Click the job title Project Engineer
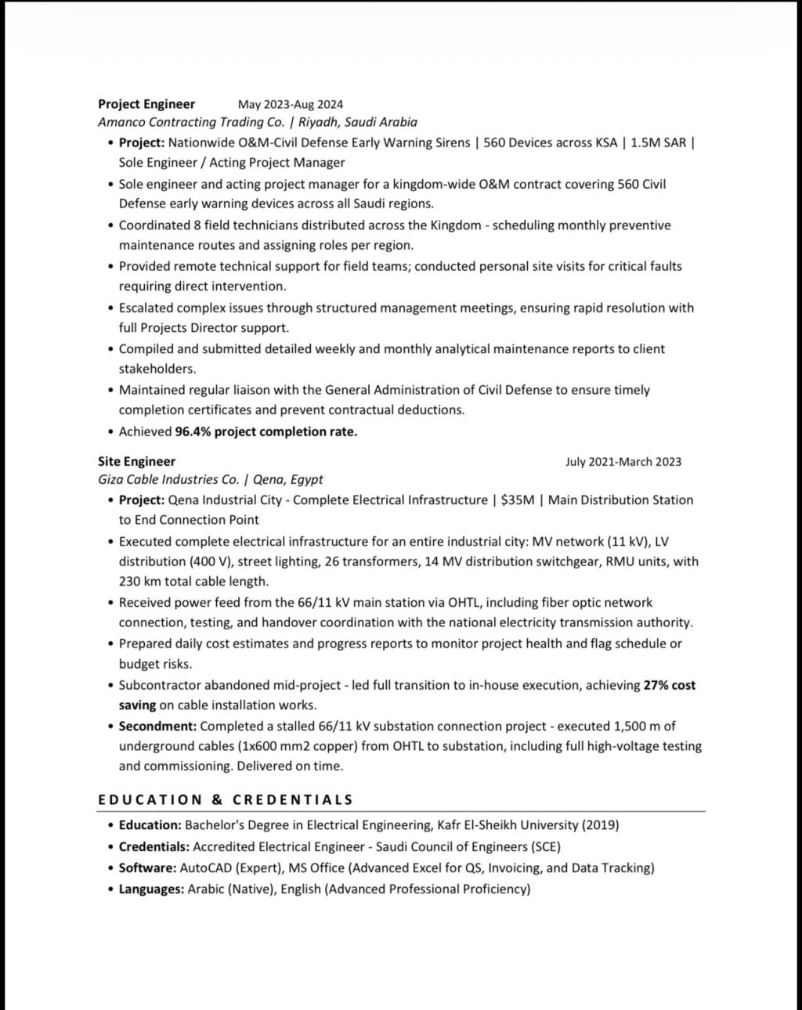coord(146,103)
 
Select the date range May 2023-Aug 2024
coord(291,104)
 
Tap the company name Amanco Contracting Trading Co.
coord(191,122)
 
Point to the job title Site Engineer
coord(136,461)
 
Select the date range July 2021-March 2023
coord(623,462)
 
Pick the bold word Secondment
coord(157,726)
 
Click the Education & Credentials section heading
coord(226,799)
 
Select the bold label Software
coord(147,868)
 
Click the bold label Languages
coord(151,889)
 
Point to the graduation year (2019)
coord(601,824)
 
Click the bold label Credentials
coord(154,846)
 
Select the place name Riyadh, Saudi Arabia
coord(358,122)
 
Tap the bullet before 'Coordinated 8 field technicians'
coord(110,225)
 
